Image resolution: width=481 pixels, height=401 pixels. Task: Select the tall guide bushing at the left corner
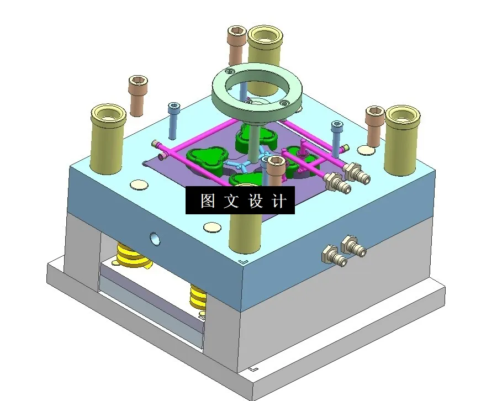108,138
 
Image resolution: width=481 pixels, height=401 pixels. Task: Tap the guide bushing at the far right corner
402,136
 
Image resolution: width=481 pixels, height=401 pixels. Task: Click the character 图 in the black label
208,201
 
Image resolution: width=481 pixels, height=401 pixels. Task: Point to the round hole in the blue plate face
156,238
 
